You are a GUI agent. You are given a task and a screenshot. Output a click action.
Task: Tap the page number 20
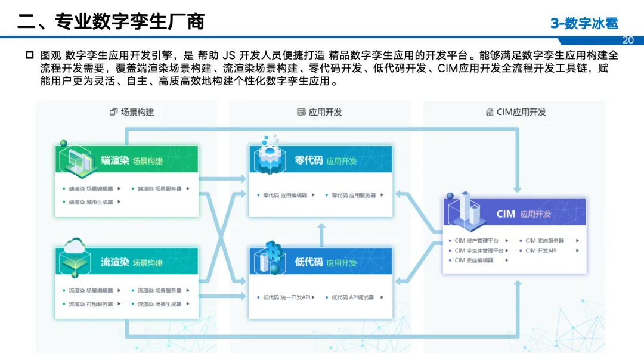(x=627, y=40)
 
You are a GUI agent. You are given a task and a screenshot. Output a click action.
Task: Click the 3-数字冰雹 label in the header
(x=584, y=23)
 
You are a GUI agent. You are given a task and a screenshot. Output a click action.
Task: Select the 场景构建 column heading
(x=132, y=112)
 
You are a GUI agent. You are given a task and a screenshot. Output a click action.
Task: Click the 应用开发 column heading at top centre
(x=320, y=112)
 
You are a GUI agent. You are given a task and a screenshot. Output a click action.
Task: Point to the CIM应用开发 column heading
(x=516, y=112)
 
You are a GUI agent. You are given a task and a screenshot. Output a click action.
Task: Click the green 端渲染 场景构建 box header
(x=131, y=160)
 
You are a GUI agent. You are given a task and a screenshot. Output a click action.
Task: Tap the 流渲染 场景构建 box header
(x=131, y=262)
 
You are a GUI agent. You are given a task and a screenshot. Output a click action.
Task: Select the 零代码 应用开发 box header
(x=326, y=160)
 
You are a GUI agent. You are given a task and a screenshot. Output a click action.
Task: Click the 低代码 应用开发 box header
(x=326, y=262)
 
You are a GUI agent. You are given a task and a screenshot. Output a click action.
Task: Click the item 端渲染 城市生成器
(x=91, y=202)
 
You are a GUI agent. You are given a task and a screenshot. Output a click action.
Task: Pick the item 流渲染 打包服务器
(x=91, y=304)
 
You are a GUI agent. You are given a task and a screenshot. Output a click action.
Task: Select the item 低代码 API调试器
(x=353, y=297)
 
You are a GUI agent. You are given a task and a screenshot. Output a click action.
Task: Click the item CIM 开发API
(x=541, y=250)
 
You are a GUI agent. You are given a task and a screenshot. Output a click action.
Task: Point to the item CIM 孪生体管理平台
(x=479, y=250)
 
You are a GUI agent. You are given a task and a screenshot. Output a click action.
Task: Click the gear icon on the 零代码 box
(x=270, y=153)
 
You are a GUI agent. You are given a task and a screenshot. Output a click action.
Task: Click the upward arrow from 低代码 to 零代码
(x=321, y=232)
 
